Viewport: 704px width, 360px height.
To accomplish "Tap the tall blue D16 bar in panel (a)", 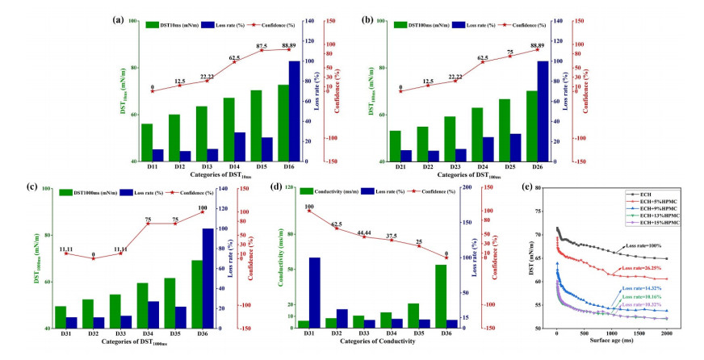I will (295, 111).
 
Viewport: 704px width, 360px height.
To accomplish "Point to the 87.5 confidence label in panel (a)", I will (262, 46).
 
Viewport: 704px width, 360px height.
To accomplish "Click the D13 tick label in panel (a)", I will (200, 166).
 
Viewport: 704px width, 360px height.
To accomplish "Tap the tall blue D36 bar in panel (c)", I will (207, 278).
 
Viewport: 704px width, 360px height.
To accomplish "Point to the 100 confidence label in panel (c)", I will (202, 207).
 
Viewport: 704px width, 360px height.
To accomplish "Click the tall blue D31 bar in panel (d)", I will (314, 292).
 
